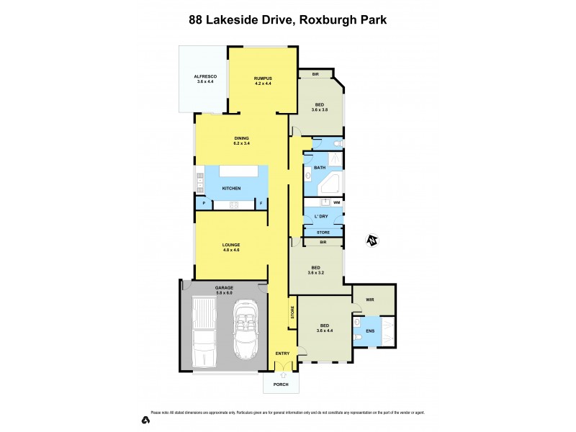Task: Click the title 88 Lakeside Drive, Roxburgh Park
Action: [287, 20]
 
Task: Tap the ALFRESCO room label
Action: [205, 79]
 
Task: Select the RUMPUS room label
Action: [262, 81]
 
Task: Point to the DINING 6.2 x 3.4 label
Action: [241, 141]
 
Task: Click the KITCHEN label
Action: [231, 189]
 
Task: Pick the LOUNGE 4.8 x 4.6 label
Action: [231, 248]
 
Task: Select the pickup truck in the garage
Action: [205, 333]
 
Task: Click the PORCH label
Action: [281, 384]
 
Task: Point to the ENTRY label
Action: [282, 353]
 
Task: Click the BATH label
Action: [320, 167]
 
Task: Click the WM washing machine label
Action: [336, 203]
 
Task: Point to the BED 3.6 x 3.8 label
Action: [319, 107]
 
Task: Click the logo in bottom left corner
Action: [145, 419]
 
